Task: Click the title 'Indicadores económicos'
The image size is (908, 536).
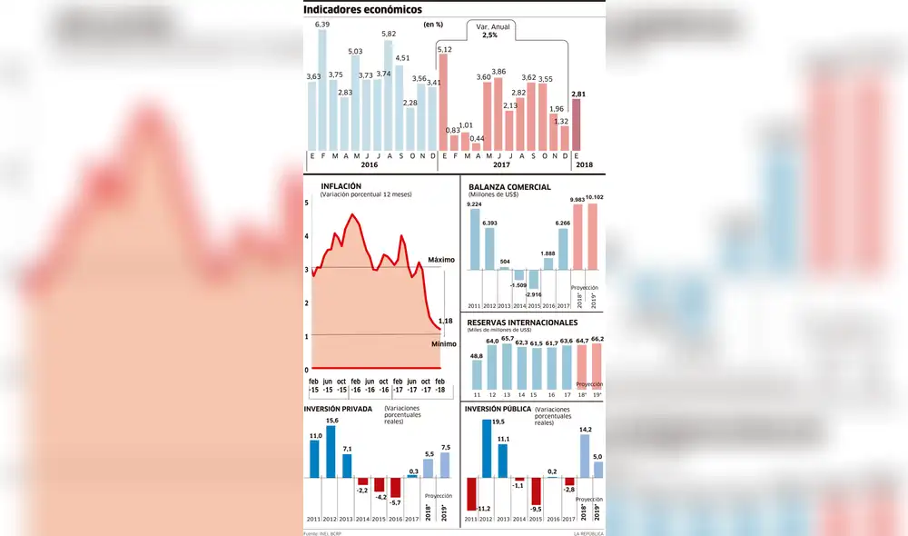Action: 362,9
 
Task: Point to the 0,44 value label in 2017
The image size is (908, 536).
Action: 476,139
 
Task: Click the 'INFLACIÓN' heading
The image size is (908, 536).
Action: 341,187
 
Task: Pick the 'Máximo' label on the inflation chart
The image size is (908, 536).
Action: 440,260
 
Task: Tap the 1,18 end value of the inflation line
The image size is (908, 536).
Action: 445,321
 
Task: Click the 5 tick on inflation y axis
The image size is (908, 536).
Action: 308,203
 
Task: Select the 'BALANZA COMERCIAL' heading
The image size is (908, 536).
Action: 509,187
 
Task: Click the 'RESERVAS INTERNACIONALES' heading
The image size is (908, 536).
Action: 522,323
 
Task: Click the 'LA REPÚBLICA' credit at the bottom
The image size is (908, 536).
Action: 589,532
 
